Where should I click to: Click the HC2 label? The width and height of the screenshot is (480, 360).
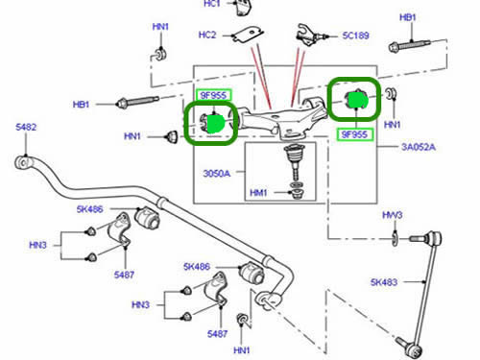click(207, 35)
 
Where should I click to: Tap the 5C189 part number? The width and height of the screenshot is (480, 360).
click(355, 36)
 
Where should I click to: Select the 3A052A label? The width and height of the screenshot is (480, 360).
click(419, 147)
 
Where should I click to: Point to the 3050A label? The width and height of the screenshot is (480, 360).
click(217, 174)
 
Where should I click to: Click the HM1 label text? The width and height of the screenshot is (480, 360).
click(258, 193)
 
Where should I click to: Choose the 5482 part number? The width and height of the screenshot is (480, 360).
click(26, 127)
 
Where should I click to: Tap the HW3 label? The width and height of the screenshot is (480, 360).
click(393, 215)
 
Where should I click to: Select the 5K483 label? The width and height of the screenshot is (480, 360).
click(384, 282)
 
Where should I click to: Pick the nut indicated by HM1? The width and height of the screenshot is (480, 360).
click(297, 194)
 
